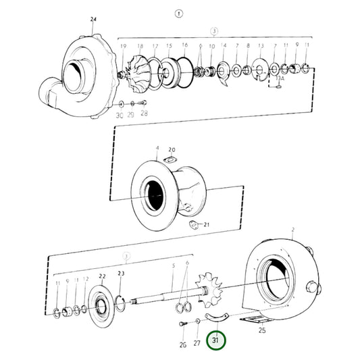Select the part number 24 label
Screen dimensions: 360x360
click(93, 19)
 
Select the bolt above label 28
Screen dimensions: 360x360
click(142, 103)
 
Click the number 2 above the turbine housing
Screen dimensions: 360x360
click(292, 230)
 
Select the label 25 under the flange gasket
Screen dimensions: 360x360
click(262, 331)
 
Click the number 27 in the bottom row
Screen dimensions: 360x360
click(197, 344)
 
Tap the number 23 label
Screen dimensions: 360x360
click(121, 273)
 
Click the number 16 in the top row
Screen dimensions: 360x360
click(184, 45)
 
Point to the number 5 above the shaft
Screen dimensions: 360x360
click(173, 265)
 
